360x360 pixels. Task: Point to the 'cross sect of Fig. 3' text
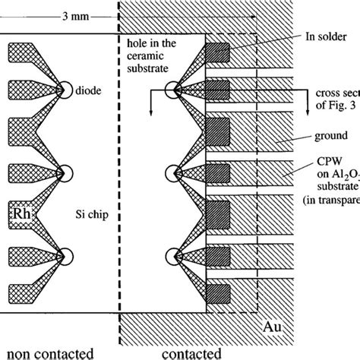pos(334,97)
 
